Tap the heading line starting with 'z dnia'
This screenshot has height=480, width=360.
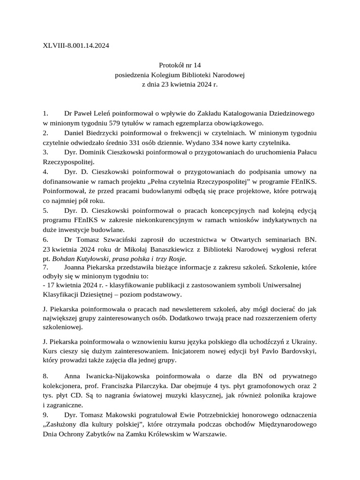[180, 84]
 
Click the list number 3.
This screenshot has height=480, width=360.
[45, 152]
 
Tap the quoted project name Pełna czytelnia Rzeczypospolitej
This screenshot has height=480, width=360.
[196, 181]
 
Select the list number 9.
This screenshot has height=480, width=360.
[45, 415]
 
